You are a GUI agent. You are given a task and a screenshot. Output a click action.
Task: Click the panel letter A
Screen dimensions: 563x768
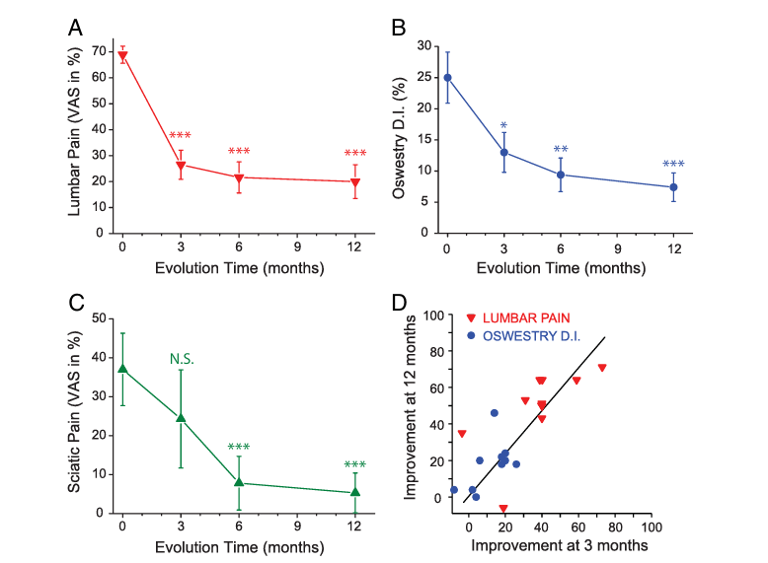(x=75, y=28)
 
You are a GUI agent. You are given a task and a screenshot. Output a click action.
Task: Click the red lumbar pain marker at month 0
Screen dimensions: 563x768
(x=122, y=56)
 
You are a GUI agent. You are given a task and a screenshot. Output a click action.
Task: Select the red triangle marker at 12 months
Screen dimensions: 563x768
(x=355, y=182)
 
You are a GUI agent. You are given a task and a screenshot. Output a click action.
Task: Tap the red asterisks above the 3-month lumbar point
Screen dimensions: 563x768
(x=180, y=136)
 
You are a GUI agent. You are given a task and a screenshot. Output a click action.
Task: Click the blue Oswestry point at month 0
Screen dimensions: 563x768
(x=447, y=78)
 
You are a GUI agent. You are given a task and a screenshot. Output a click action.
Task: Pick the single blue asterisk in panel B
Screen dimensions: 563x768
(x=503, y=126)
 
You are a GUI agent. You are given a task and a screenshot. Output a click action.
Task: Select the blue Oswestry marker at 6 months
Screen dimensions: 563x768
(x=561, y=175)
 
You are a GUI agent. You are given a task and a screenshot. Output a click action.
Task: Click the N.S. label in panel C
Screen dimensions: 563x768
(x=181, y=359)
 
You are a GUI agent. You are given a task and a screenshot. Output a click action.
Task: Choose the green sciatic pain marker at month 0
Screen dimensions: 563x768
(x=122, y=369)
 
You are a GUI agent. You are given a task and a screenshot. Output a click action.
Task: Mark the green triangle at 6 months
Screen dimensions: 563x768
(x=239, y=482)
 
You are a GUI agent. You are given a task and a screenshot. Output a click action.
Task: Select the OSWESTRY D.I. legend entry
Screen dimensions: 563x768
(x=533, y=335)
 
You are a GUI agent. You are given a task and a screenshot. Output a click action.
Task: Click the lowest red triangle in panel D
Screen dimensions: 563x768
(x=503, y=509)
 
